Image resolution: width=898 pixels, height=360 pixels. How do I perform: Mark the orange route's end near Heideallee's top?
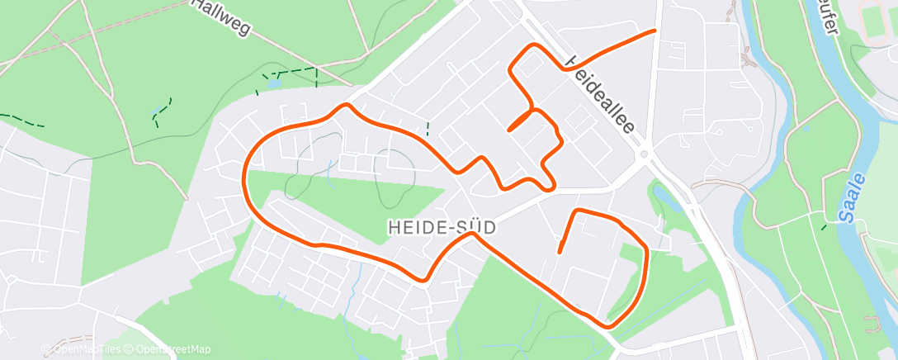[655, 31]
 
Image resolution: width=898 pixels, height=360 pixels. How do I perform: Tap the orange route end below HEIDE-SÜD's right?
[560, 251]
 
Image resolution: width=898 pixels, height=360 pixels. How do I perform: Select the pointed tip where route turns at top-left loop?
[347, 105]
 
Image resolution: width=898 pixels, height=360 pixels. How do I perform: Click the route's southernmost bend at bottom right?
[609, 325]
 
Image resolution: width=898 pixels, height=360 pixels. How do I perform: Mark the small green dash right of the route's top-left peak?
[428, 128]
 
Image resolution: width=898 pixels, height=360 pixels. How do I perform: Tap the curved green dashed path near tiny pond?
[162, 110]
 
